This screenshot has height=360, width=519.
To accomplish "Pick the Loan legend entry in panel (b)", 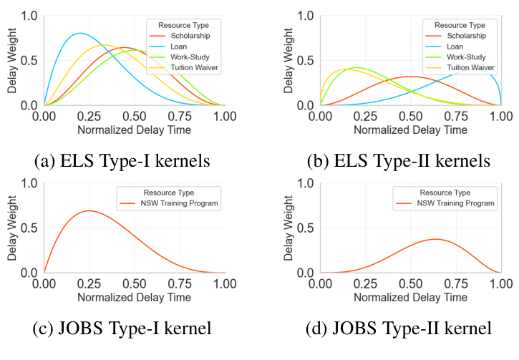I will [455, 47].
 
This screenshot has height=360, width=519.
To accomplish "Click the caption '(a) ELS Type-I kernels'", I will [122, 160].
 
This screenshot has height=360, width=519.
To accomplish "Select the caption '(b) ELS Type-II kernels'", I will [398, 160].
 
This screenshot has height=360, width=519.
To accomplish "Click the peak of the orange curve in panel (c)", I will [89, 210].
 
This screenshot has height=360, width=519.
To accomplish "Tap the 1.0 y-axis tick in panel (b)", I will [304, 15].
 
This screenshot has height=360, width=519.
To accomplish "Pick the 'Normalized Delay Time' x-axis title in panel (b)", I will [410, 130].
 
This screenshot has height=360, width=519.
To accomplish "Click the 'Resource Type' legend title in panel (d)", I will [445, 193].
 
